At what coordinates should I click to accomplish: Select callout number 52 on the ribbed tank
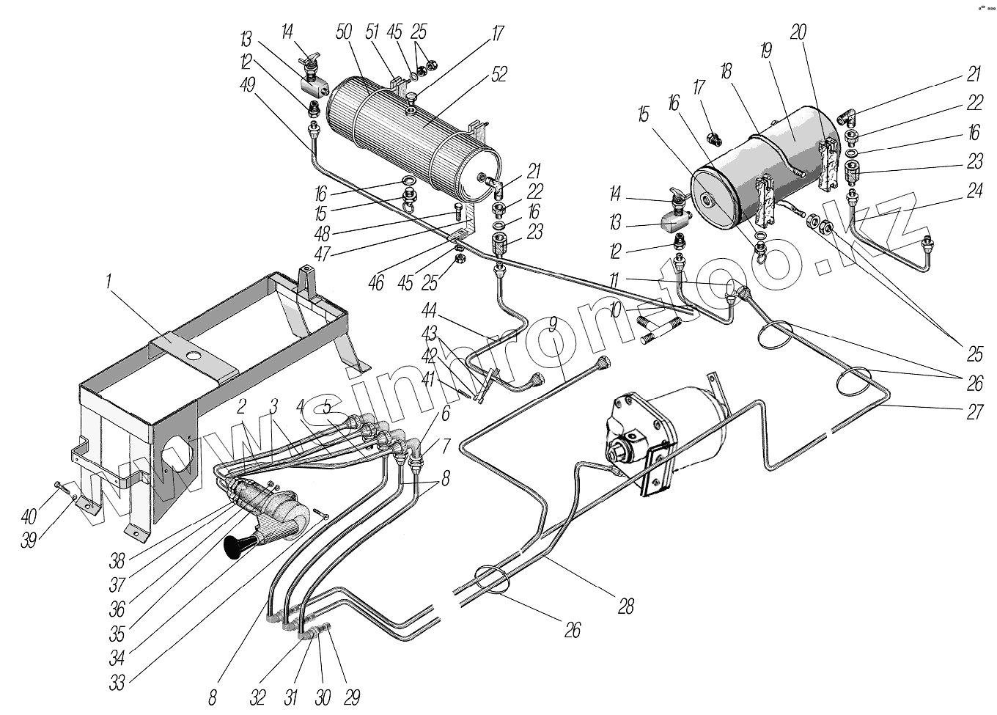[499, 74]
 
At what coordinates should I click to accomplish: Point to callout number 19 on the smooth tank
[765, 51]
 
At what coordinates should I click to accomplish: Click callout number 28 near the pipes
[626, 606]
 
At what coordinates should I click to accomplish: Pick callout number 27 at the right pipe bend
[974, 412]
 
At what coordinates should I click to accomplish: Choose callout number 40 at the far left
[29, 517]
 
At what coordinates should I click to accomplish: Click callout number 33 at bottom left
[117, 683]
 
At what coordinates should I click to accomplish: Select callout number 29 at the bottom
[352, 697]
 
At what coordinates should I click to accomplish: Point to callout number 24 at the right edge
[974, 191]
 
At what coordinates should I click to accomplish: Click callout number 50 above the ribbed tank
[344, 32]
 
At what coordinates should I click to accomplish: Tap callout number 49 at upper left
[248, 84]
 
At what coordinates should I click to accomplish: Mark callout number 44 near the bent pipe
[429, 310]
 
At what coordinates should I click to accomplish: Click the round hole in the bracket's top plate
[194, 356]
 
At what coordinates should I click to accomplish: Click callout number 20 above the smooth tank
[799, 32]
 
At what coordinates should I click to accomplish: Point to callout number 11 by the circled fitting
[614, 281]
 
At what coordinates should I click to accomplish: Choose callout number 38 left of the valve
[117, 562]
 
